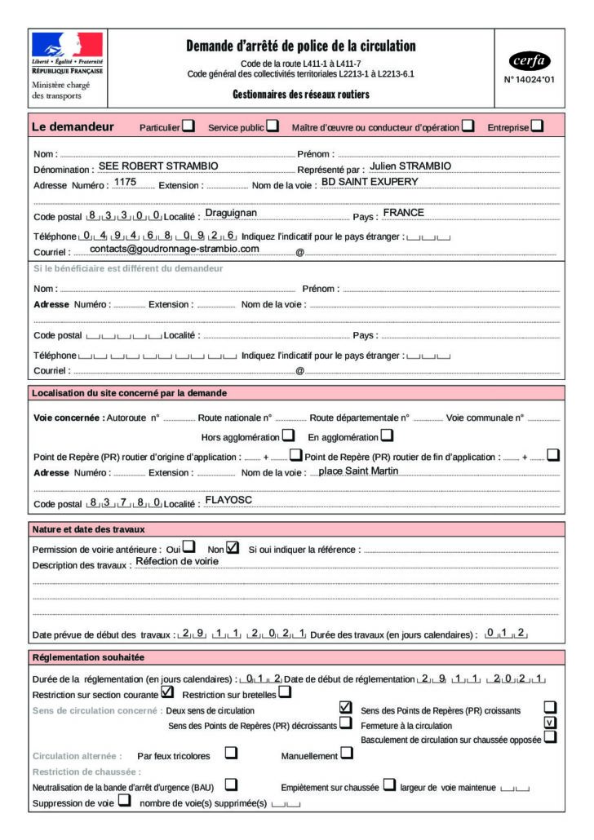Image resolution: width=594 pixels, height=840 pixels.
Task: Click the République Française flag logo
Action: pos(67,46)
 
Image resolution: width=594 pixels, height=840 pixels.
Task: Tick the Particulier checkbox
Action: pos(188,126)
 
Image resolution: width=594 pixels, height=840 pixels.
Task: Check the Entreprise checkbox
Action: pos(537,126)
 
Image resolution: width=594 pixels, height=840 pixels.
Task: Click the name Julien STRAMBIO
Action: pos(405,166)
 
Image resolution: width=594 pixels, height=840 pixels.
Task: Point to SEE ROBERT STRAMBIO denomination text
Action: pos(157,166)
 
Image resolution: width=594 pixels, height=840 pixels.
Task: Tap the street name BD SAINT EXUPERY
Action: pos(370,182)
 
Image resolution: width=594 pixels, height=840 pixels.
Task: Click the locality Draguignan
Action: pos(231,213)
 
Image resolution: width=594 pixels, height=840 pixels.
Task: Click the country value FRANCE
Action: pos(403,213)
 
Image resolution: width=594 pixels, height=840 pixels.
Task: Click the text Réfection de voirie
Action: pos(176,562)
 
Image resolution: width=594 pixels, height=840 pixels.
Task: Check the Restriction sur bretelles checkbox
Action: pos(284,692)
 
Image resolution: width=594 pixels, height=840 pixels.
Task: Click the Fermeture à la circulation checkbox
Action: pos(550,723)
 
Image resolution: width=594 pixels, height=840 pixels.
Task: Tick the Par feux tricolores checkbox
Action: pos(231,754)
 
